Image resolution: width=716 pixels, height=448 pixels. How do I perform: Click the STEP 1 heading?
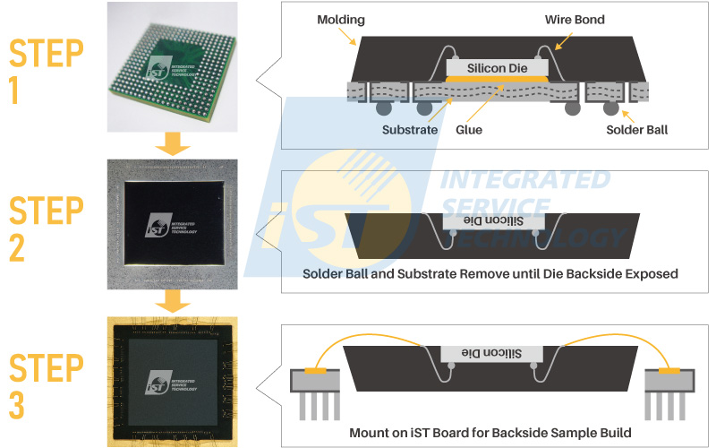click(46, 73)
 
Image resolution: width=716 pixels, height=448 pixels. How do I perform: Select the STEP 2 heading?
click(46, 229)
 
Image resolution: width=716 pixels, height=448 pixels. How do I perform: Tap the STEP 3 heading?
click(46, 386)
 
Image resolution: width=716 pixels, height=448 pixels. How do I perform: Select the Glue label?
click(468, 130)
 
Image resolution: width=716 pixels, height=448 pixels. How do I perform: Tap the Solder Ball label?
click(637, 130)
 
